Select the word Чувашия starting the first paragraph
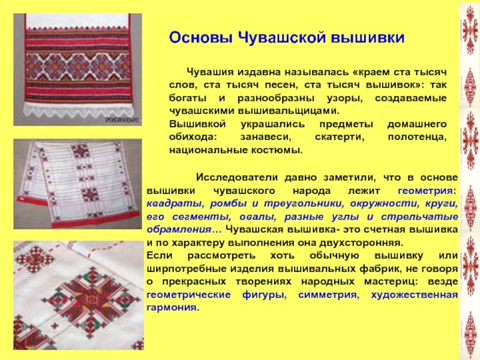(211, 72)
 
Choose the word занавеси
(266, 137)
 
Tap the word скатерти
(340, 137)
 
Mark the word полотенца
(417, 137)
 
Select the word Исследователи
(237, 178)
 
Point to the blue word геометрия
(427, 191)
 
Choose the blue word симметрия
(327, 295)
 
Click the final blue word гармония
(173, 308)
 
